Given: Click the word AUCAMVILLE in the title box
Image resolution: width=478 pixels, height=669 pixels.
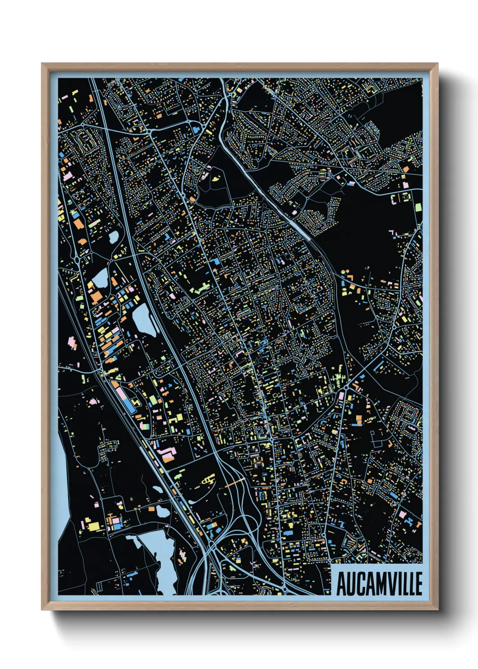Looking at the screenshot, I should (379, 584).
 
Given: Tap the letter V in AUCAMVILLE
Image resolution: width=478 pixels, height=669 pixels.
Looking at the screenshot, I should (390, 584).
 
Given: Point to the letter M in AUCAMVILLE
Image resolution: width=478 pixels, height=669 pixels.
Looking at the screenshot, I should (375, 584).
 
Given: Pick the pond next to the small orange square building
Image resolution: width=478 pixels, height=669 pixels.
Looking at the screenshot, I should (113, 236).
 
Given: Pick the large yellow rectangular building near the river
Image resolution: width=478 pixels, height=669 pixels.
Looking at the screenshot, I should (94, 526).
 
